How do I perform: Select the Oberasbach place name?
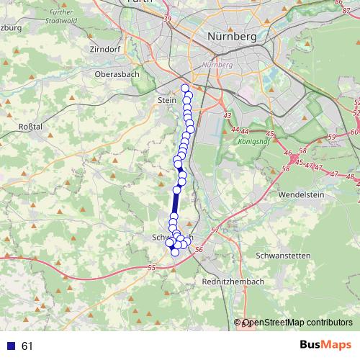(115, 73)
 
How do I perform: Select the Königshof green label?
(252, 142)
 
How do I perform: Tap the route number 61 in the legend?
(27, 346)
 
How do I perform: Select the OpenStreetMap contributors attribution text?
(298, 324)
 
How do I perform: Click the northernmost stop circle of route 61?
(185, 89)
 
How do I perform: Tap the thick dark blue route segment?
(175, 204)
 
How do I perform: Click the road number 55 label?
(151, 268)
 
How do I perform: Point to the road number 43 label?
(228, 116)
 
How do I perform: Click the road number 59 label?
(332, 137)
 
